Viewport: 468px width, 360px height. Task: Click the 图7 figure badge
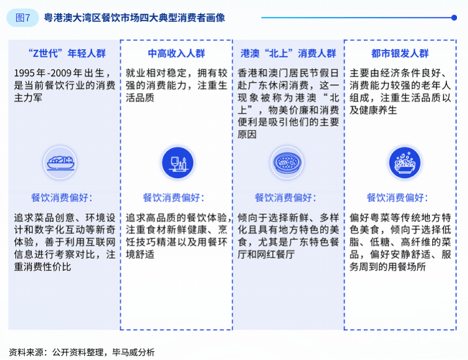pyautogui.click(x=23, y=18)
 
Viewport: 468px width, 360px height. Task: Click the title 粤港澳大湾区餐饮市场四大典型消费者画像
pyautogui.click(x=135, y=18)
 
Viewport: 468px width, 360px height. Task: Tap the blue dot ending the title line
pyautogui.click(x=454, y=18)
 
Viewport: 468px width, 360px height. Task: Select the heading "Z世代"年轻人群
pyautogui.click(x=67, y=53)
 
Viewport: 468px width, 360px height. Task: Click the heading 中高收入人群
pyautogui.click(x=177, y=53)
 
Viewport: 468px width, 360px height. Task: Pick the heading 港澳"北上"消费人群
pyautogui.click(x=288, y=53)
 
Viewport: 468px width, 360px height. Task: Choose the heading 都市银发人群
pyautogui.click(x=400, y=53)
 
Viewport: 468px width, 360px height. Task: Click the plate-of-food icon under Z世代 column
pyautogui.click(x=60, y=163)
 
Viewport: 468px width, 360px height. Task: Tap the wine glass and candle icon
pyautogui.click(x=178, y=163)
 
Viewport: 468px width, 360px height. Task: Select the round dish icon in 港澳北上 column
pyautogui.click(x=287, y=163)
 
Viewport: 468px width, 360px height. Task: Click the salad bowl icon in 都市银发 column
pyautogui.click(x=405, y=163)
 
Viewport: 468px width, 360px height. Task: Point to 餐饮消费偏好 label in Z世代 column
pyautogui.click(x=62, y=197)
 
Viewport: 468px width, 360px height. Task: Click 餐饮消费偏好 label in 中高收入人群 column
pyautogui.click(x=173, y=197)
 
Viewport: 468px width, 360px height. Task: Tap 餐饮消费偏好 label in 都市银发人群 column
pyautogui.click(x=397, y=197)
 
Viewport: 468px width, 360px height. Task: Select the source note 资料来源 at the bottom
pyautogui.click(x=26, y=352)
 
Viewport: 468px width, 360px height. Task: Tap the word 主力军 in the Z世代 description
pyautogui.click(x=28, y=98)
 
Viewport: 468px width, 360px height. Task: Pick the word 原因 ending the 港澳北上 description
pyautogui.click(x=247, y=135)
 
